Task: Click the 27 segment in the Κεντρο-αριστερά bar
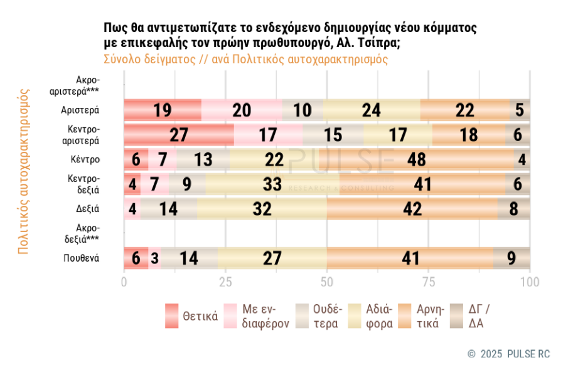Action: [179, 135]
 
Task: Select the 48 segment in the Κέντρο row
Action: [417, 159]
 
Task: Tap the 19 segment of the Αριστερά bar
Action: [163, 110]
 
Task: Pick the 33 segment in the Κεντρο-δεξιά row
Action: [272, 184]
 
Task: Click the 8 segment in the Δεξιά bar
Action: [514, 209]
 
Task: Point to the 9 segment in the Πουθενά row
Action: [512, 258]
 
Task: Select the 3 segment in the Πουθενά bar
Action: [154, 258]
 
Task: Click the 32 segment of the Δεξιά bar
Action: [262, 209]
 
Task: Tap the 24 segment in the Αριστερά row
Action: [372, 110]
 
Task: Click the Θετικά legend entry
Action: [191, 316]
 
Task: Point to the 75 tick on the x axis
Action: [429, 282]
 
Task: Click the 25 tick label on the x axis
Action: [225, 282]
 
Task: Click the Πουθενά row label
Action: [81, 258]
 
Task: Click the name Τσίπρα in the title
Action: [376, 43]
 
